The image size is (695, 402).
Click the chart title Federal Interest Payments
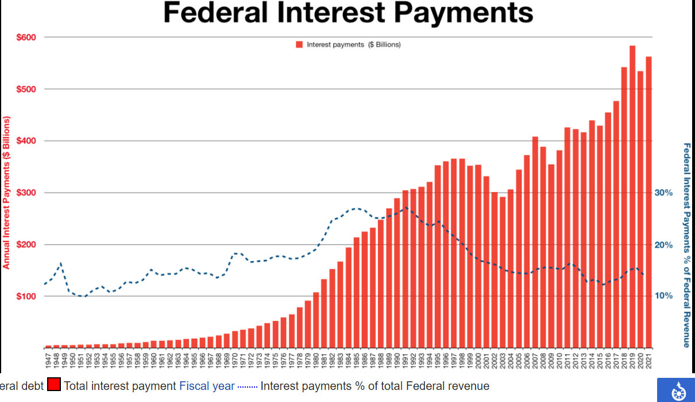pyautogui.click(x=348, y=13)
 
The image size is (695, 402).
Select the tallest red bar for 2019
pyautogui.click(x=632, y=196)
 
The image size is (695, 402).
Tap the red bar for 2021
pyautogui.click(x=649, y=201)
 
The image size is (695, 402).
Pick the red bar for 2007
pyautogui.click(x=535, y=242)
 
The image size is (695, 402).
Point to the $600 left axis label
pyautogui.click(x=25, y=37)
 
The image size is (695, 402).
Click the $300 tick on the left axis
pyautogui.click(x=25, y=193)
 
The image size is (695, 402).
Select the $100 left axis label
pyautogui.click(x=25, y=296)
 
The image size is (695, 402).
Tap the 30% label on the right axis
pyautogui.click(x=663, y=193)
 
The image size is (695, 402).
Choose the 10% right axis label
pyautogui.click(x=663, y=296)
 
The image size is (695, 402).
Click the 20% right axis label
pyautogui.click(x=663, y=245)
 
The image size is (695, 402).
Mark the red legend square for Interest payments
pyautogui.click(x=299, y=44)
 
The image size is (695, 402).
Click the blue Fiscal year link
pyautogui.click(x=207, y=386)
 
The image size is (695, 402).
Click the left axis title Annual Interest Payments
pyautogui.click(x=7, y=193)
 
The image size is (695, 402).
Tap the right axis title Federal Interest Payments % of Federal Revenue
pyautogui.click(x=686, y=245)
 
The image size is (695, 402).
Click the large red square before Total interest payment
pyautogui.click(x=54, y=385)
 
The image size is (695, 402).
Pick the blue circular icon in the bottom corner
pyautogui.click(x=675, y=390)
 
